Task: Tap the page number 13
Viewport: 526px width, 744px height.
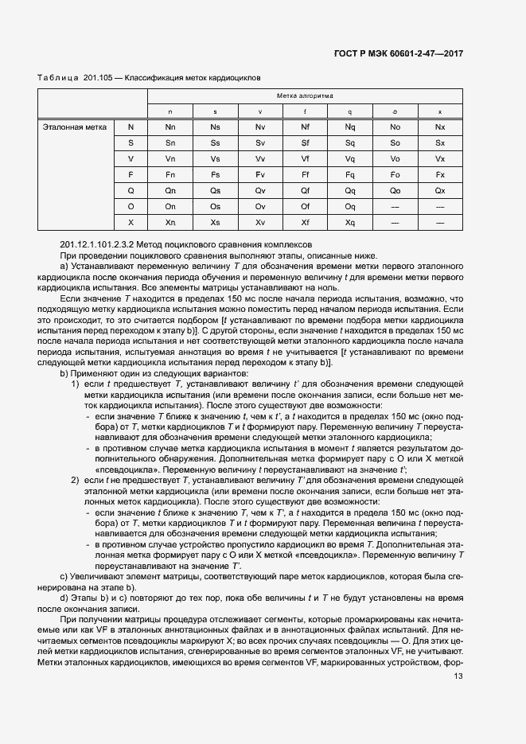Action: click(x=458, y=676)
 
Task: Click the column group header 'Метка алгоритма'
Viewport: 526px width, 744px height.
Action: click(x=305, y=95)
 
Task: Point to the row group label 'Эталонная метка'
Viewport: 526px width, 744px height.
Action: click(x=75, y=127)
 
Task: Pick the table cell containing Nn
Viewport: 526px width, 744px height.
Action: click(x=170, y=127)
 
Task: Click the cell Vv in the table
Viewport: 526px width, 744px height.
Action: click(x=259, y=158)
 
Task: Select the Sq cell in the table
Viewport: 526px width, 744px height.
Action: click(x=349, y=142)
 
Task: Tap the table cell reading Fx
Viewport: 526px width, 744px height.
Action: click(x=440, y=174)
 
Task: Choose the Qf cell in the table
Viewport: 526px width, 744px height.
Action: click(x=305, y=190)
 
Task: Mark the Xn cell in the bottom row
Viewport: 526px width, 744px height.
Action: click(x=170, y=222)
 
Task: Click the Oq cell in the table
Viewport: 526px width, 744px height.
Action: click(x=349, y=206)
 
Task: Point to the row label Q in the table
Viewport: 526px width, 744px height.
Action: click(x=131, y=190)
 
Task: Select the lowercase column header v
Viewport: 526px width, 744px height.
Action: click(x=259, y=111)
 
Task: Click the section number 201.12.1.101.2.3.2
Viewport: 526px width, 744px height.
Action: click(x=99, y=243)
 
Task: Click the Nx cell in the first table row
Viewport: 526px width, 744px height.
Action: click(x=440, y=127)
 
